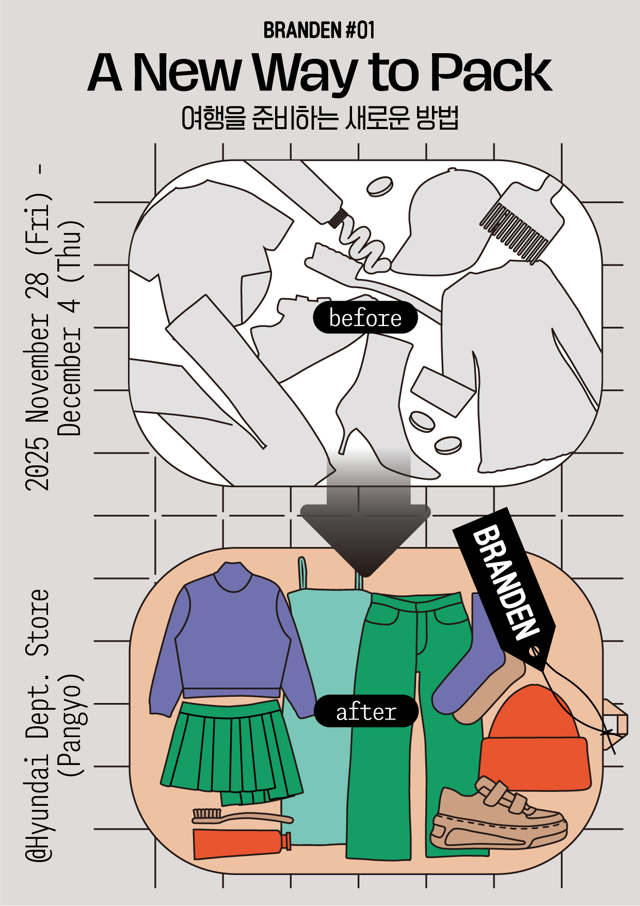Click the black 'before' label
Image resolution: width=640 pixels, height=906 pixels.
pos(365,318)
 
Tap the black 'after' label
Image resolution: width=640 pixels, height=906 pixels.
pos(365,712)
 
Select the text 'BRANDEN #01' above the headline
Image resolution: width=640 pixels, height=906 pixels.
pos(319,30)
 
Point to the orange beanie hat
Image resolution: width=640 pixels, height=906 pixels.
pos(534,744)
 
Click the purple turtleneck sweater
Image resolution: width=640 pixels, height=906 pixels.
pos(232,641)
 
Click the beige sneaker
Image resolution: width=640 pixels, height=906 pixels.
pos(495,816)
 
